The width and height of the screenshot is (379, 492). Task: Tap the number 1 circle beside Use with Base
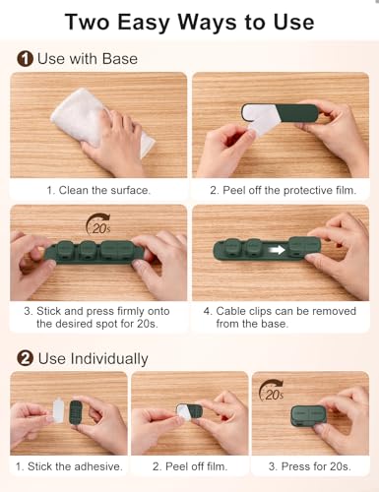(25, 59)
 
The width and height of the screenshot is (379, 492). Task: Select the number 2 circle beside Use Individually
(25, 358)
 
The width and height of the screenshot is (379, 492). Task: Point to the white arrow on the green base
(278, 250)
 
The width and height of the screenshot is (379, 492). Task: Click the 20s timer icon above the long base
(98, 224)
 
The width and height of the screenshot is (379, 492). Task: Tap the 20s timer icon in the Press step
(271, 391)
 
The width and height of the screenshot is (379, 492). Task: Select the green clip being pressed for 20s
(308, 416)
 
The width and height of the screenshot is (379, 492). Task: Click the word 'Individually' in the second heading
(109, 359)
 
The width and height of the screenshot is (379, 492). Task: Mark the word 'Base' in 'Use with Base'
(120, 59)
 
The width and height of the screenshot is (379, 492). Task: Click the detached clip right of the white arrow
(304, 247)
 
